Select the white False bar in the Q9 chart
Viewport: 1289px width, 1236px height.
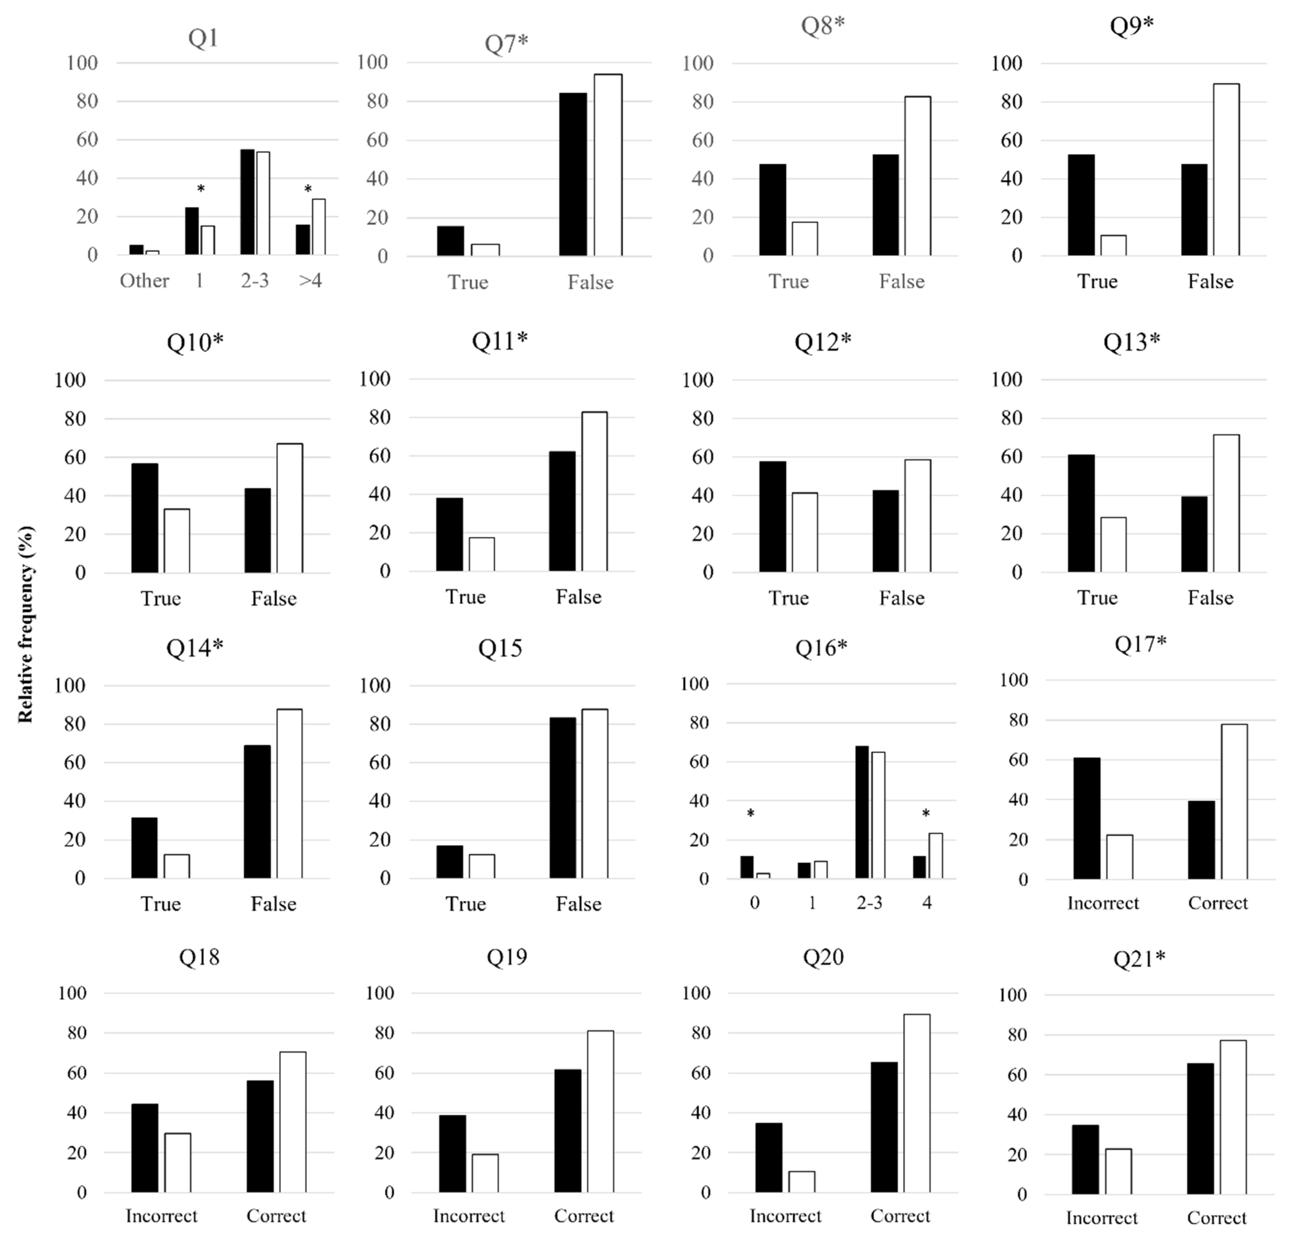(x=1226, y=170)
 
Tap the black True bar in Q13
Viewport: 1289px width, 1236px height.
(x=1081, y=513)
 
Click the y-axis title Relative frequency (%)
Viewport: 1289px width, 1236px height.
(x=25, y=624)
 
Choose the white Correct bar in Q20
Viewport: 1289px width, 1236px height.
(x=917, y=1103)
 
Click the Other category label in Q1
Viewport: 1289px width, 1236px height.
(x=144, y=281)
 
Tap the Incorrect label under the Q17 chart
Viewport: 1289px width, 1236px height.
(x=1103, y=903)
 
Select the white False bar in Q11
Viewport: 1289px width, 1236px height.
(x=594, y=492)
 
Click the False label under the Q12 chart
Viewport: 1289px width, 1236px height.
(x=902, y=598)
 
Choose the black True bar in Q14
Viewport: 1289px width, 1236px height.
(x=144, y=848)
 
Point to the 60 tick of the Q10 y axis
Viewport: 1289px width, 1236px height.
(x=75, y=457)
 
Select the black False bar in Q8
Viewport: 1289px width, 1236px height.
(x=885, y=205)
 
